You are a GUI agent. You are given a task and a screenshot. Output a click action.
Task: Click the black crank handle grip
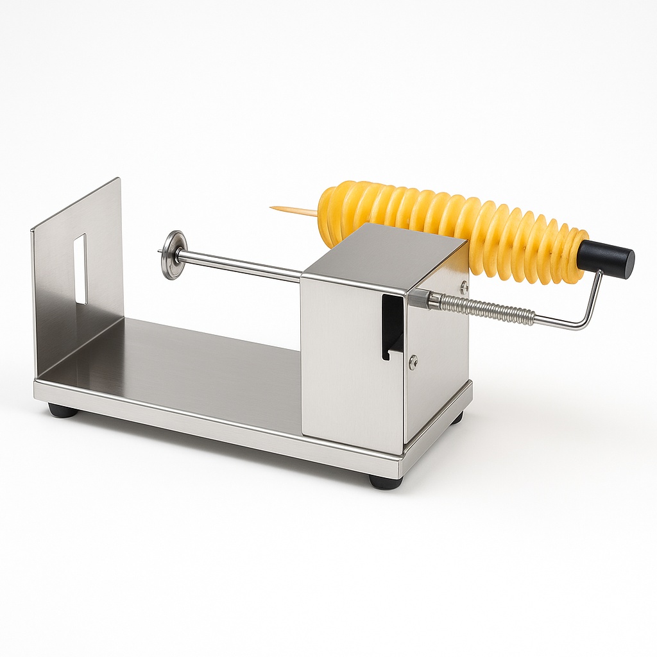pyautogui.click(x=606, y=258)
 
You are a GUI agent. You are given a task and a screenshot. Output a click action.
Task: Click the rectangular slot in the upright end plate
pyautogui.click(x=80, y=269)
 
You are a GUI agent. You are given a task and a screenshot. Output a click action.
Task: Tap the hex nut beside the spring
pyautogui.click(x=420, y=298)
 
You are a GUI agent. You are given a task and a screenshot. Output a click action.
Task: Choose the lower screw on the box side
pyautogui.click(x=413, y=362)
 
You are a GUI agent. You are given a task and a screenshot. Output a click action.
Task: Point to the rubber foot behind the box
pyautogui.click(x=457, y=418)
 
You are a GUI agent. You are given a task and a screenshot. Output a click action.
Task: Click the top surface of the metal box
pyautogui.click(x=385, y=253)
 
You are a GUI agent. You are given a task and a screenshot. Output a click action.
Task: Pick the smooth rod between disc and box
pyautogui.click(x=244, y=265)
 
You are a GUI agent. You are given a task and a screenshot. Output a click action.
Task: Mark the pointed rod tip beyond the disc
pyautogui.click(x=160, y=252)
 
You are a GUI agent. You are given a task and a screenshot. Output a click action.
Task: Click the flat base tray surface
pyautogui.click(x=186, y=366)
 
